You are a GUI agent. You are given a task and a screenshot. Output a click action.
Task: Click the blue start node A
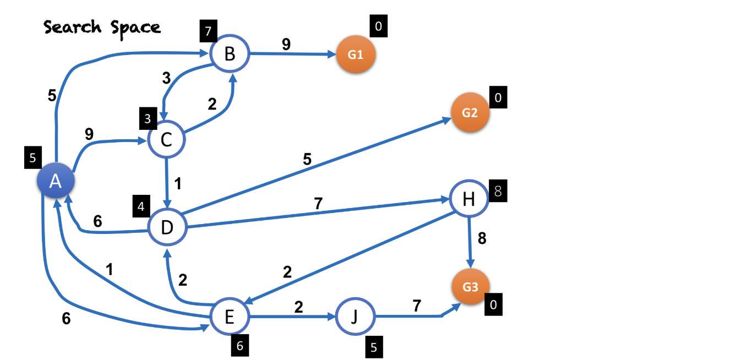(55, 181)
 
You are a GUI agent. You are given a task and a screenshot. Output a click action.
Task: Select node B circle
(230, 54)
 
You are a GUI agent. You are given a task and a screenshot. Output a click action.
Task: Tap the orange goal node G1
(356, 54)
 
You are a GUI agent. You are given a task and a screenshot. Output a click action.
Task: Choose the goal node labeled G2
(470, 112)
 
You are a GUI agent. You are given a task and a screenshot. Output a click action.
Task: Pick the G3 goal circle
(470, 287)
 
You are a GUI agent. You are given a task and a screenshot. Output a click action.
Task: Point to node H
(469, 199)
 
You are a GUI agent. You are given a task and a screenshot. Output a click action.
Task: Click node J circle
(355, 317)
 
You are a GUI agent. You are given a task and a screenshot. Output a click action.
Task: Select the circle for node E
(230, 317)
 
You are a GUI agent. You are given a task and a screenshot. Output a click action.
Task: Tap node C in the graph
(166, 140)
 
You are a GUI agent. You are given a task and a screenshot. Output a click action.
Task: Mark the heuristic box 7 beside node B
(208, 31)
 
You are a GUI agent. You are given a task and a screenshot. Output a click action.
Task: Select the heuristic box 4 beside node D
(141, 207)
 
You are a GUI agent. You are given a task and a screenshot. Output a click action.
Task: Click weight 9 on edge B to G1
(286, 45)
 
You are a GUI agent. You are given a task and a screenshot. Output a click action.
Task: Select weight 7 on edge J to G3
(417, 306)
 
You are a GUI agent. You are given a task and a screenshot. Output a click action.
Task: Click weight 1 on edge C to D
(177, 184)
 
